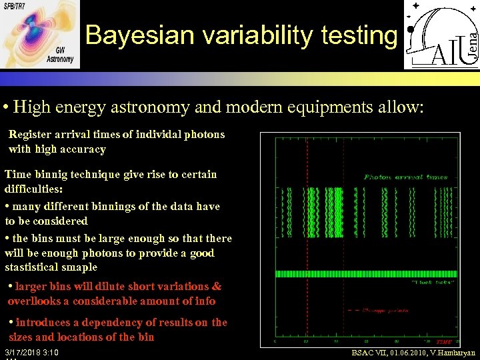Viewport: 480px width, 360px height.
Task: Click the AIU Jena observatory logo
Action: pos(441,35)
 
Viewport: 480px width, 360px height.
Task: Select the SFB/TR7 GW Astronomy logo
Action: pos(40,34)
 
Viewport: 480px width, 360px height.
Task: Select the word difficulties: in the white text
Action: pos(33,189)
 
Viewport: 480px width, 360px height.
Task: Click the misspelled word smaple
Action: pos(80,267)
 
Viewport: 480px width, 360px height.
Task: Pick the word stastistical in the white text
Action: pos(33,267)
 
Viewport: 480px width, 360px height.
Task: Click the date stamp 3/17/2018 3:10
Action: pos(31,352)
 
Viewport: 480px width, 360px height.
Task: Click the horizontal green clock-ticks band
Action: pos(367,273)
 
